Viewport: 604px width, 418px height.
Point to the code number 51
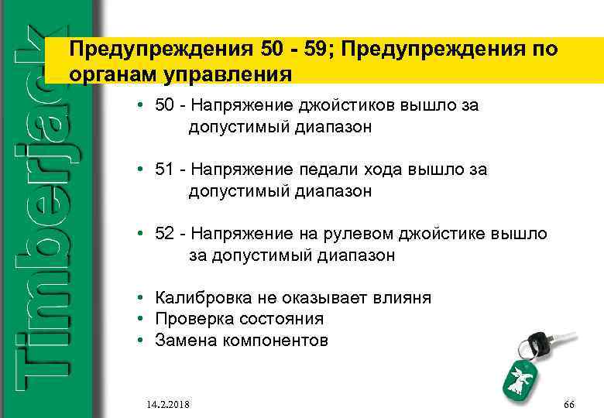[166, 170]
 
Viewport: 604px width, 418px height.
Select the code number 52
[166, 234]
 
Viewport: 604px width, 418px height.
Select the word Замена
[183, 340]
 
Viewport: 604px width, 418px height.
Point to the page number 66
[569, 405]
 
